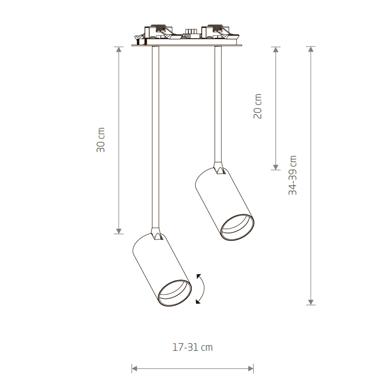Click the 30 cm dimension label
(x=101, y=140)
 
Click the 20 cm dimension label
(x=258, y=106)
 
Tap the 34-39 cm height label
(x=293, y=175)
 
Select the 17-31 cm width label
(x=192, y=347)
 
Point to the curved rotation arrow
(x=204, y=289)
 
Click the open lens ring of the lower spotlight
(x=175, y=293)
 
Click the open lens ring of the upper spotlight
(x=237, y=227)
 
